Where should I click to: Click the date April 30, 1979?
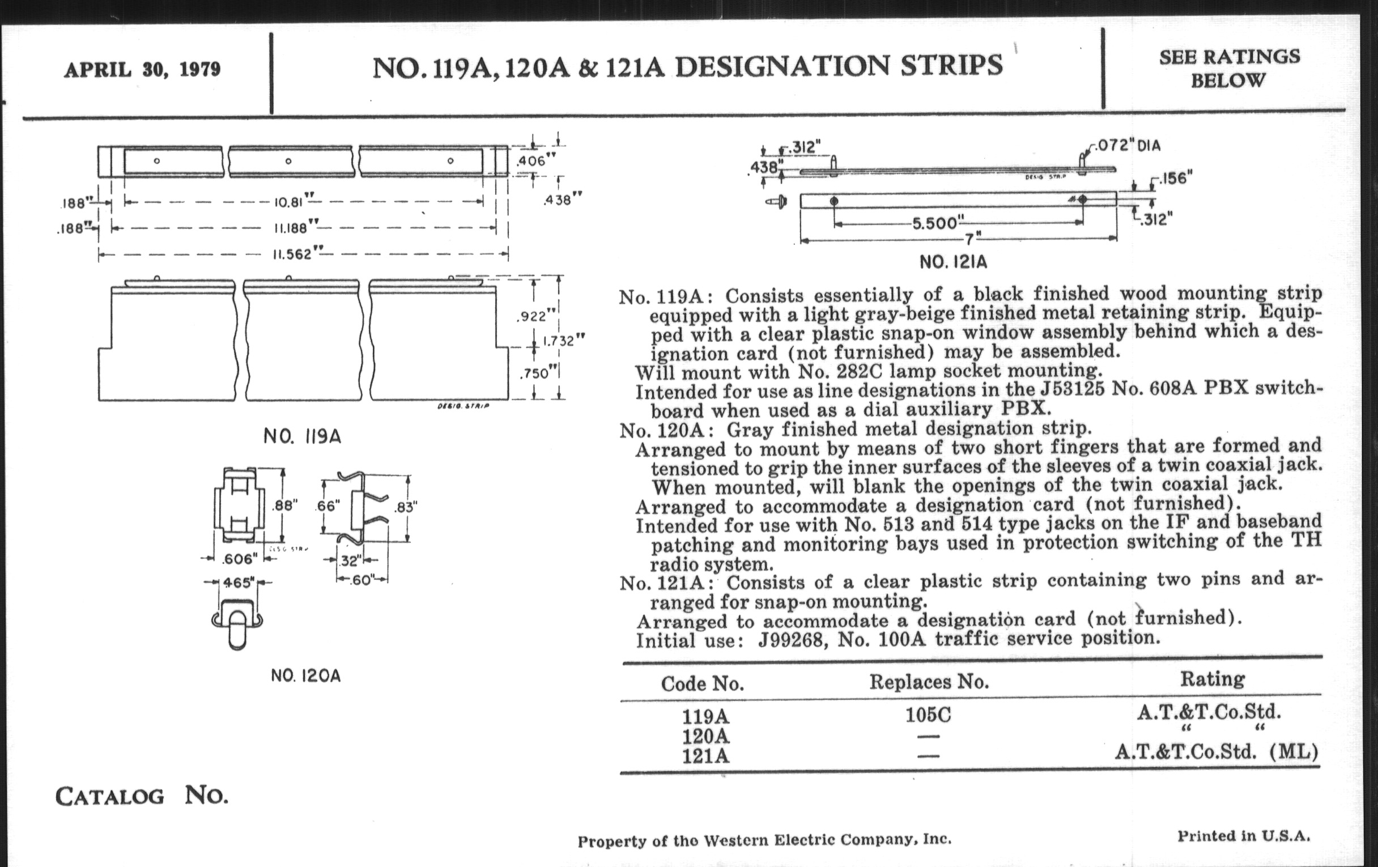click(x=142, y=70)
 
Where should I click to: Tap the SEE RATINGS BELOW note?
click(x=1229, y=69)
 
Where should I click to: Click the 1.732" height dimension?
click(x=564, y=341)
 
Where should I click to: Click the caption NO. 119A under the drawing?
click(x=302, y=437)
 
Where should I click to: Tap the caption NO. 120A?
click(x=305, y=677)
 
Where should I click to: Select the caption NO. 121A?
click(x=953, y=263)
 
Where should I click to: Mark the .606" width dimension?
click(x=239, y=559)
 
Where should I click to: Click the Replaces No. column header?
click(x=929, y=682)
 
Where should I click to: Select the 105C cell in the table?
click(x=928, y=715)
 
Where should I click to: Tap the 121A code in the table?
click(x=705, y=756)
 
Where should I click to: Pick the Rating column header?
click(x=1212, y=679)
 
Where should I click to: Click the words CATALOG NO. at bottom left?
click(x=141, y=796)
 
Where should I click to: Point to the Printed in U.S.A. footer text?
click(x=1243, y=836)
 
